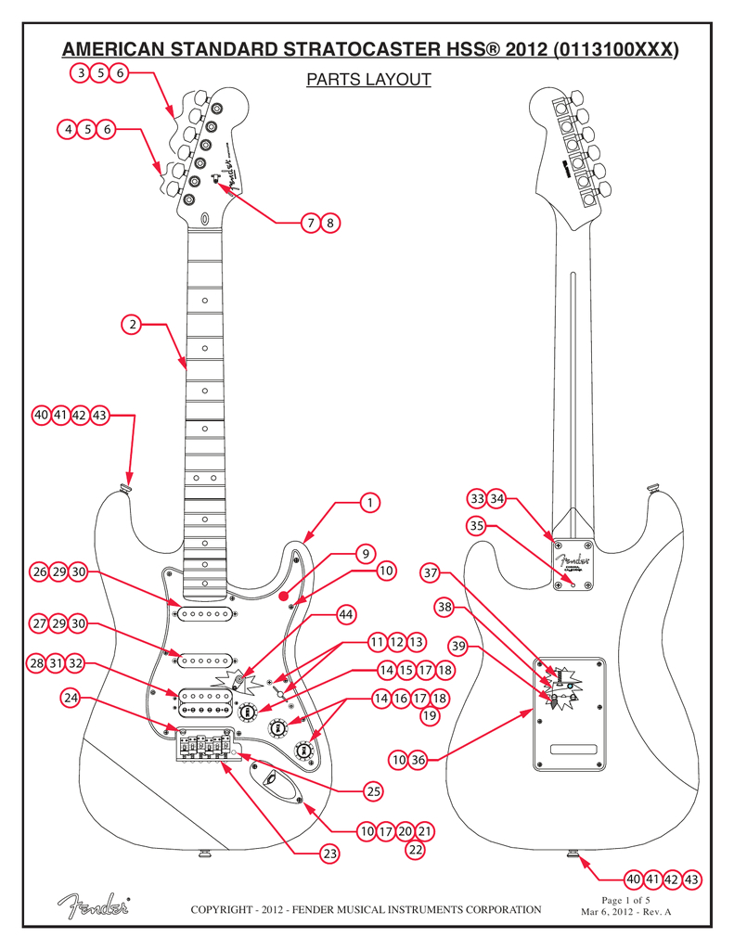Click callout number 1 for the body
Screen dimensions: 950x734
click(369, 502)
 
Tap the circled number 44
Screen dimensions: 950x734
click(346, 614)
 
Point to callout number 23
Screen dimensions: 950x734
click(328, 853)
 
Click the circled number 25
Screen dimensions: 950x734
click(372, 791)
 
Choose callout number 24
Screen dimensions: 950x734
click(71, 696)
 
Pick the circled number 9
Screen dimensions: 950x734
click(367, 554)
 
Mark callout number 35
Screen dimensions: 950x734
click(477, 526)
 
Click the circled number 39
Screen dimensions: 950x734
click(457, 645)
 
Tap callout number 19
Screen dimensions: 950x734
click(430, 715)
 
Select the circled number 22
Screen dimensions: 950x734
click(416, 849)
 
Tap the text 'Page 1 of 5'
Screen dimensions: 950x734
click(625, 900)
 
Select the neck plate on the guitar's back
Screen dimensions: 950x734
click(567, 564)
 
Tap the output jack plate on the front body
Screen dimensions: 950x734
click(275, 780)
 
